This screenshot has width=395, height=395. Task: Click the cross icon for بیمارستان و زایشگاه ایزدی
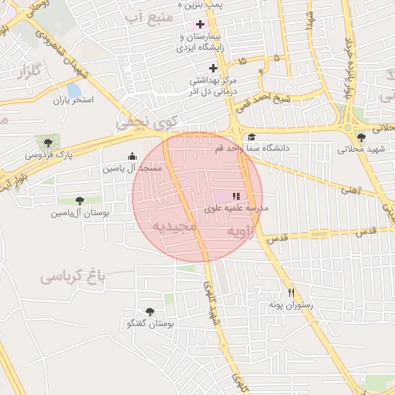tap(201, 24)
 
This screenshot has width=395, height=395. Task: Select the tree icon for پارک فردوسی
tap(49, 143)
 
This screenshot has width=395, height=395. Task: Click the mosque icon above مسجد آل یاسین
tap(131, 156)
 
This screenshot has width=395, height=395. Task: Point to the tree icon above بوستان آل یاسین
tap(79, 201)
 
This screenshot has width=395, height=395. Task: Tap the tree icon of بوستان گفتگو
tap(149, 312)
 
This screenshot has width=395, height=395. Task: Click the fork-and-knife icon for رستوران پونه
tap(291, 293)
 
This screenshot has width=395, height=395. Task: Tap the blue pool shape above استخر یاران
tap(74, 90)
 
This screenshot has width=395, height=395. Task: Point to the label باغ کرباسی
tap(73, 274)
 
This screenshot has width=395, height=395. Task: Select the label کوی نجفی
tap(147, 121)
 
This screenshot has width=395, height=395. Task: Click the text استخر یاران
tap(73, 101)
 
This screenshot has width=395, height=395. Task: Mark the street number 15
tap(244, 59)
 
